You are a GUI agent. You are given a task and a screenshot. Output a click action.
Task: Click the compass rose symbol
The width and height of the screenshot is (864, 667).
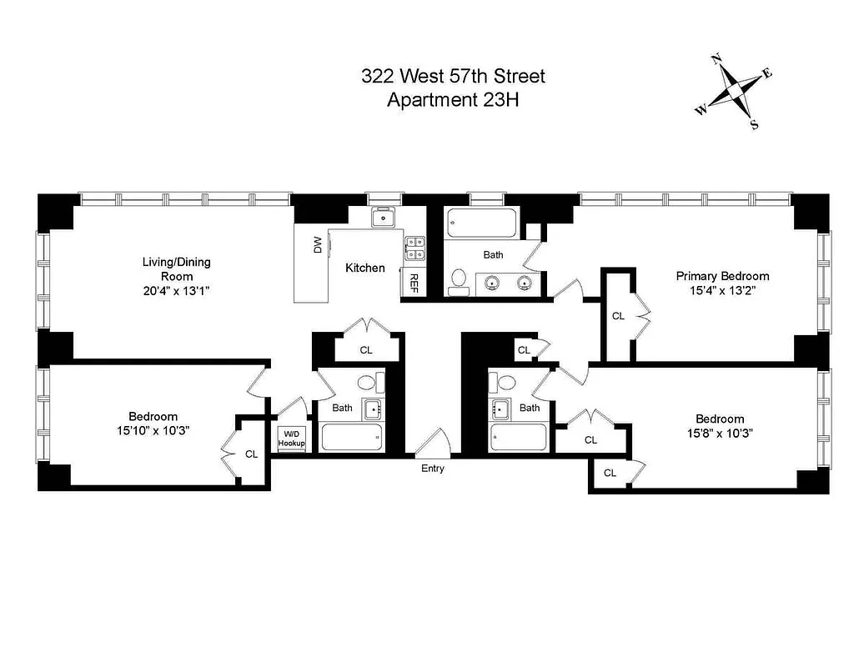pyautogui.click(x=735, y=91)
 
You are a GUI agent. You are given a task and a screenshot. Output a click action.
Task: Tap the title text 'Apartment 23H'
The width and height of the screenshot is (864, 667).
pyautogui.click(x=453, y=100)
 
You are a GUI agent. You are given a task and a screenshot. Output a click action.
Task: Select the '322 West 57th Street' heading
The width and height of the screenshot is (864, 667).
pyautogui.click(x=453, y=77)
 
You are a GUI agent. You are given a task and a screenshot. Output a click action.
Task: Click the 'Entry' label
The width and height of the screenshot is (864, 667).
pyautogui.click(x=432, y=469)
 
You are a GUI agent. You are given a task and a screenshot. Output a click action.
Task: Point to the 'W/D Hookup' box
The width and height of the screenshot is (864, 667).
pyautogui.click(x=292, y=439)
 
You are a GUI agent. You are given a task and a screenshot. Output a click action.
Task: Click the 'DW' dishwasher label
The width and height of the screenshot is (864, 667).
pyautogui.click(x=317, y=245)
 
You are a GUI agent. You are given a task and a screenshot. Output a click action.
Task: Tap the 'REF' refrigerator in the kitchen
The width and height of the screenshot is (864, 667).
pyautogui.click(x=413, y=283)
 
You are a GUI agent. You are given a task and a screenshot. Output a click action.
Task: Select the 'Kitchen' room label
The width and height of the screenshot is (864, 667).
pyautogui.click(x=365, y=268)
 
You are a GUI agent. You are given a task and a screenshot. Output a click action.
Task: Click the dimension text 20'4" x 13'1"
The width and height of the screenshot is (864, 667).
pyautogui.click(x=176, y=291)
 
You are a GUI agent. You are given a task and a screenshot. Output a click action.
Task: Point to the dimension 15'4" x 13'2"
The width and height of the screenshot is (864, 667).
pyautogui.click(x=722, y=290)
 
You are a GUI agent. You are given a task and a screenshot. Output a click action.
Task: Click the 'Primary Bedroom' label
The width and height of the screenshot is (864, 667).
pyautogui.click(x=722, y=276)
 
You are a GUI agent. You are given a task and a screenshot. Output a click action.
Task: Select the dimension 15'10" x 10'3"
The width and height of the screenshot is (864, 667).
pyautogui.click(x=153, y=431)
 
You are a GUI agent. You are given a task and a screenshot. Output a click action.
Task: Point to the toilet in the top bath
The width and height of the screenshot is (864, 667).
pyautogui.click(x=458, y=282)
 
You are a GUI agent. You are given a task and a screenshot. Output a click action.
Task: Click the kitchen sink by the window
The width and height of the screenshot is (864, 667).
pyautogui.click(x=384, y=217)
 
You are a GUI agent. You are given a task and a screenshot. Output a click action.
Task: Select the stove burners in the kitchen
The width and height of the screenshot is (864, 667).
pyautogui.click(x=414, y=248)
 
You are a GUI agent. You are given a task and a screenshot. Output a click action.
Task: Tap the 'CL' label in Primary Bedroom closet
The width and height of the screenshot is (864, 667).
pyautogui.click(x=618, y=316)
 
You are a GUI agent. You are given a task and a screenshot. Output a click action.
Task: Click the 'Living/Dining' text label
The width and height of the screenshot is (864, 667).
pyautogui.click(x=176, y=262)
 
